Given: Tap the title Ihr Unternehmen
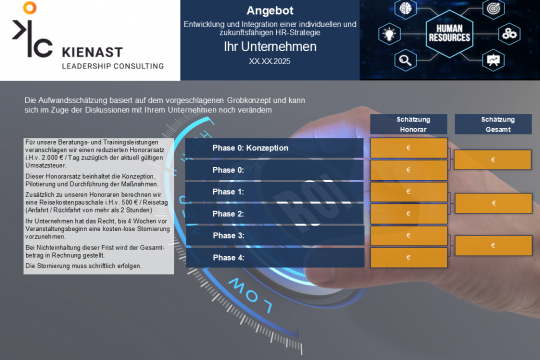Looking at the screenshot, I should [269, 46].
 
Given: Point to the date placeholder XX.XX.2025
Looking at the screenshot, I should [269, 61].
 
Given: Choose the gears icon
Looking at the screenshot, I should [509, 35].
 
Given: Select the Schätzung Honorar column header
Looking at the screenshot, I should [408, 123].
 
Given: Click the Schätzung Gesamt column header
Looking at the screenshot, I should [492, 123].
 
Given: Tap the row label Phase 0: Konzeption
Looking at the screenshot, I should [250, 148].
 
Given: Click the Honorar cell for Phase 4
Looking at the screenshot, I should [408, 258].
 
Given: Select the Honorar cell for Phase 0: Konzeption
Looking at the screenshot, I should [408, 148].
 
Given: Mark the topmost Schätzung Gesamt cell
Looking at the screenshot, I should [492, 159].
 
